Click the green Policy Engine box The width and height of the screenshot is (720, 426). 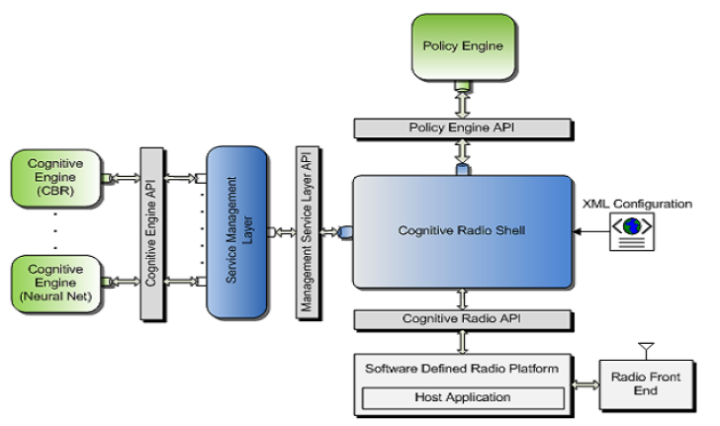pos(462,46)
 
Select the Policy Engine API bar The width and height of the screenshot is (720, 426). pos(462,128)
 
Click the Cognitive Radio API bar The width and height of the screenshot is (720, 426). pos(462,319)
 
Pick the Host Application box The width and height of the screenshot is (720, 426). pos(462,397)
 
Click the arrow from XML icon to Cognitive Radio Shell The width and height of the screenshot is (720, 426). pos(589,233)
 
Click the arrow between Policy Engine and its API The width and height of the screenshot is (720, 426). pos(462,102)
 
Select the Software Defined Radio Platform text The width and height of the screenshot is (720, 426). pos(462,369)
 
